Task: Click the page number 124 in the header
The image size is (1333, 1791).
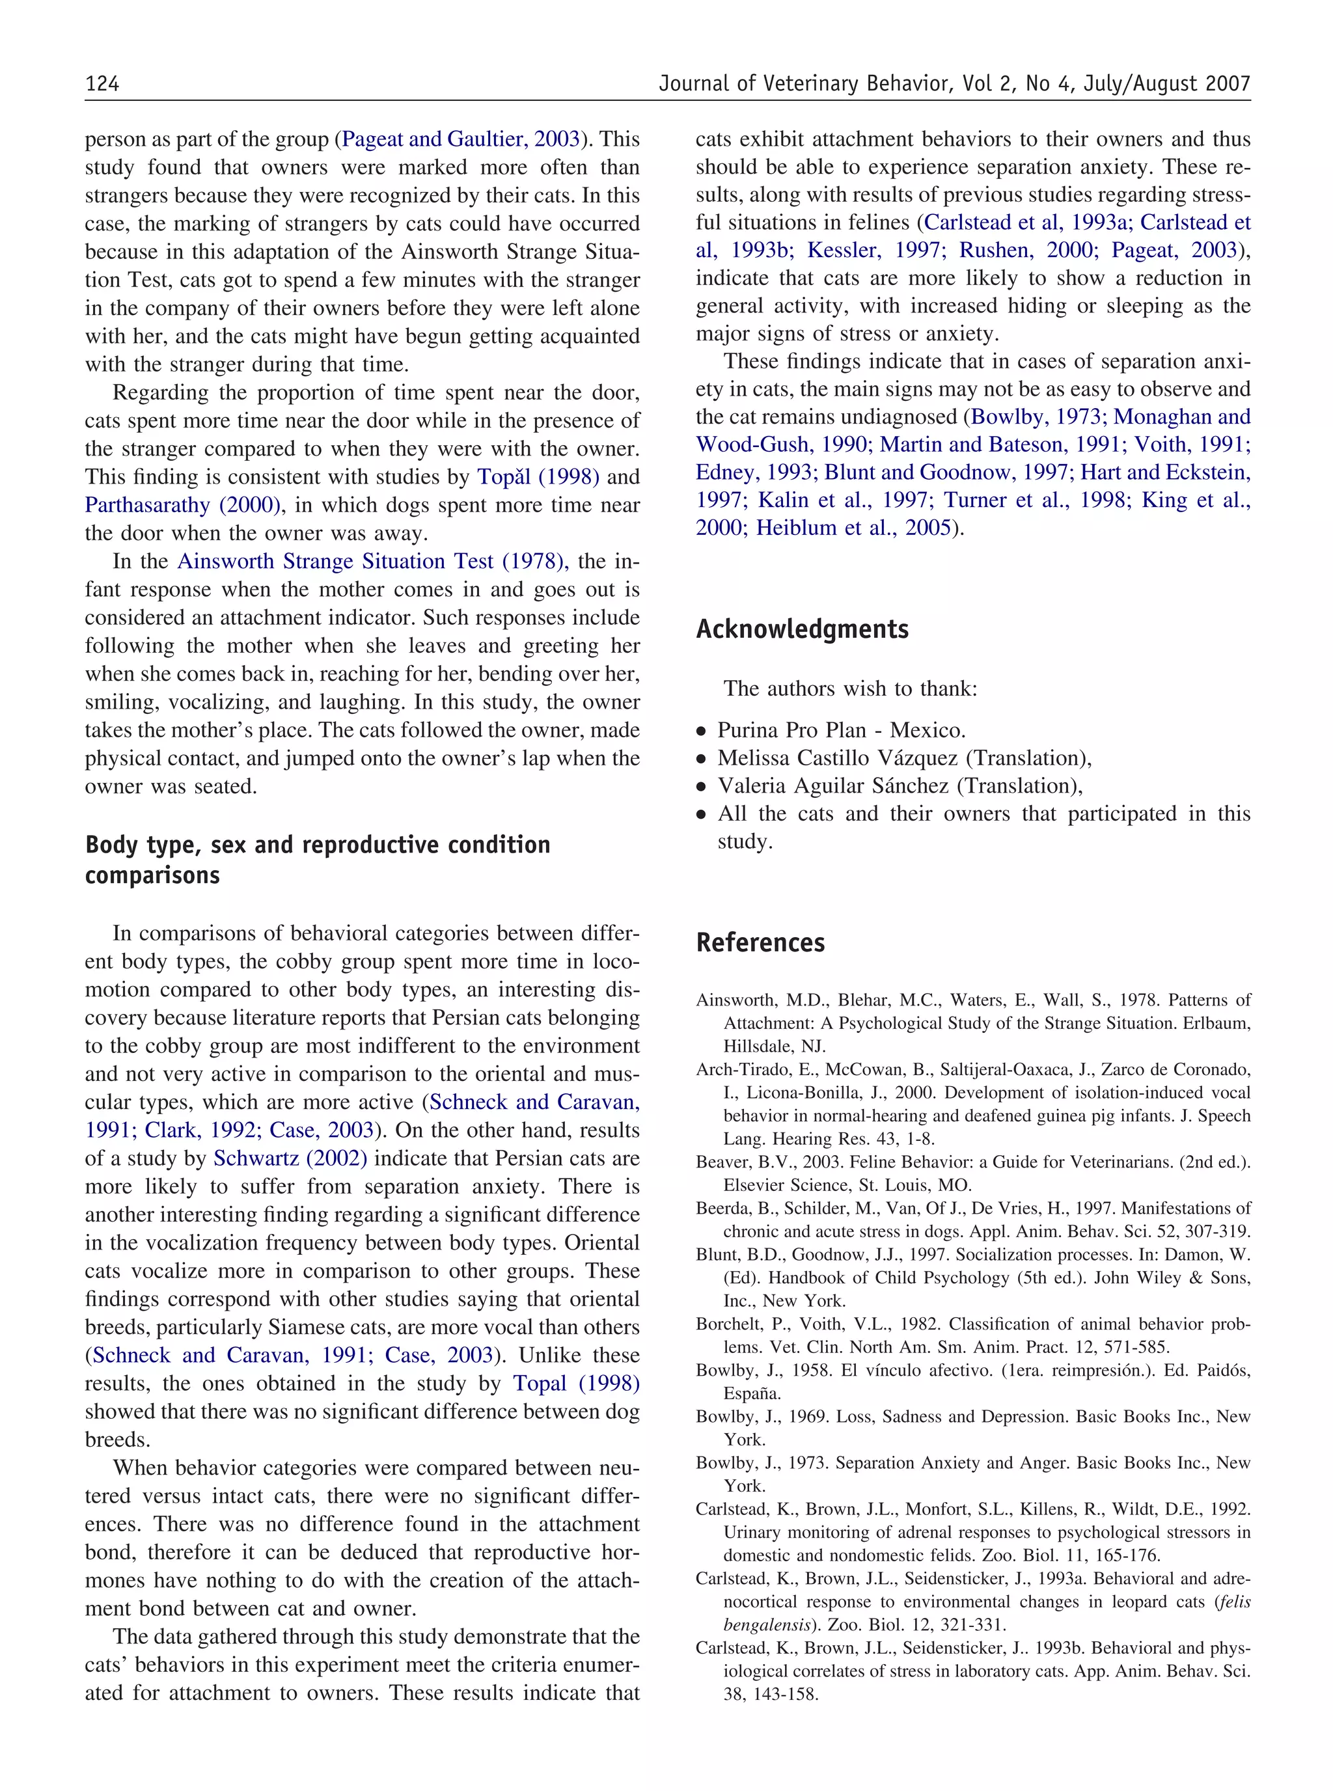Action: click(102, 84)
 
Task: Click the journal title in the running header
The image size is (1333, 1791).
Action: click(954, 84)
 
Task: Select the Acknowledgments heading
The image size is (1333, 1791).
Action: click(802, 629)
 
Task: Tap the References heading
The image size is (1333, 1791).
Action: click(760, 942)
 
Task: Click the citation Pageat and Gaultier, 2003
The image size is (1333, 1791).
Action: click(461, 139)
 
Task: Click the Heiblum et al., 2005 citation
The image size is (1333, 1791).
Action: click(854, 528)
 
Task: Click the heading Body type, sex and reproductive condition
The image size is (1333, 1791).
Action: click(318, 845)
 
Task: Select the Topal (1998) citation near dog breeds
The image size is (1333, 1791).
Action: click(576, 1384)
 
